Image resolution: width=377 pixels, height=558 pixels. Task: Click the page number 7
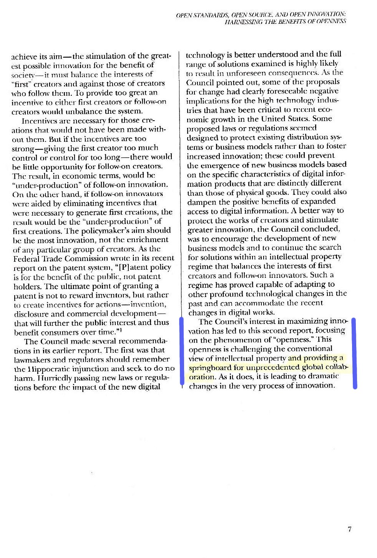(349, 529)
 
